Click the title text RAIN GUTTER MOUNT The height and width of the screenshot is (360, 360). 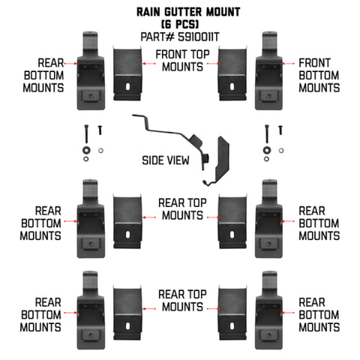(179, 13)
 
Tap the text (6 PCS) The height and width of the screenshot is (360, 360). (180, 24)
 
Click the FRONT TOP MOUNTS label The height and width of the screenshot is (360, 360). (179, 61)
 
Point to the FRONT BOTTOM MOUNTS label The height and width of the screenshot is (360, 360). (319, 75)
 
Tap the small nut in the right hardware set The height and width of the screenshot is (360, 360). (280, 151)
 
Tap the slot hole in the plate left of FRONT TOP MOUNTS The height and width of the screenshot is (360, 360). (130, 88)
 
